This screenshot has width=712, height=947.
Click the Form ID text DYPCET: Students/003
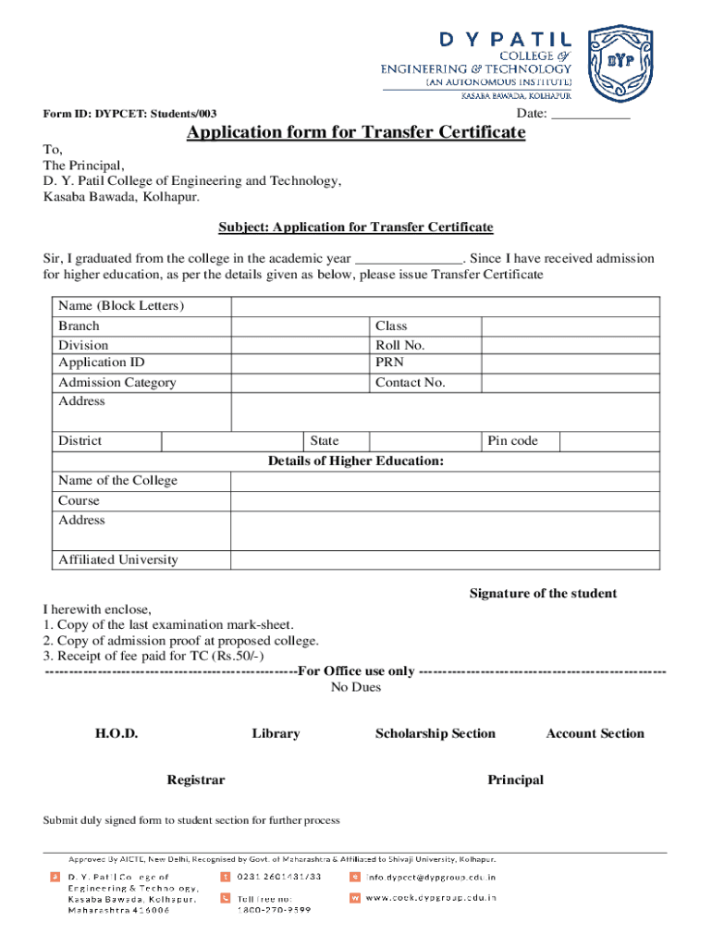point(130,114)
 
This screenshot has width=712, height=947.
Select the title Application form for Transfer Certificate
point(356,133)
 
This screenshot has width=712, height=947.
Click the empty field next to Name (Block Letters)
point(445,307)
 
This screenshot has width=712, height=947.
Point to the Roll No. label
point(399,345)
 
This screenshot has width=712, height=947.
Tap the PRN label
point(389,363)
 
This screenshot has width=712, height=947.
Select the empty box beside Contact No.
point(571,383)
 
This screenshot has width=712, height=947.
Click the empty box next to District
point(233,441)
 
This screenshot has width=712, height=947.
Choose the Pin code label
point(512,441)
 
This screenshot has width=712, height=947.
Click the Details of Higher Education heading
point(356,461)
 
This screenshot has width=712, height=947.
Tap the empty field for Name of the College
point(445,481)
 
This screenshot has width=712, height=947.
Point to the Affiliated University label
point(118,560)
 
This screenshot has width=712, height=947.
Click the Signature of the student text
point(543,594)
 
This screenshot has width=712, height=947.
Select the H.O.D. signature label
point(117,733)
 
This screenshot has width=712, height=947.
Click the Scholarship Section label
point(436,733)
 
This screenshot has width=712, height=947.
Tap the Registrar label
point(195,780)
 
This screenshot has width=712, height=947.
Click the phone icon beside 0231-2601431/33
point(225,877)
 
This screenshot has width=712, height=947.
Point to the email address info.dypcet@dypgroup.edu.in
point(431,877)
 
